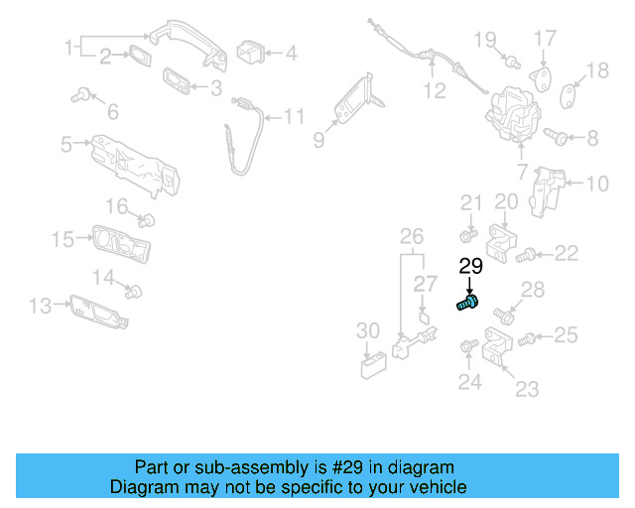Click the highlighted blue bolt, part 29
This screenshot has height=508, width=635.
tap(467, 303)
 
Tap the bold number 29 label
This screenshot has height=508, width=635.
tap(470, 266)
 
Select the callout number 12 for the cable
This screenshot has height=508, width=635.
tap(435, 92)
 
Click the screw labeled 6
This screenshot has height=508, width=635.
tap(80, 96)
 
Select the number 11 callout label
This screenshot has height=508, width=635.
tap(294, 117)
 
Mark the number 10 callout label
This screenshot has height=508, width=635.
tap(596, 183)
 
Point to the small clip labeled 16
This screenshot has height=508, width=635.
tap(147, 218)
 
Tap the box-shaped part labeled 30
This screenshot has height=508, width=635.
tap(372, 366)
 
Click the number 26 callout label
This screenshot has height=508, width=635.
tap(411, 236)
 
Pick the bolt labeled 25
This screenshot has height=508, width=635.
tap(528, 338)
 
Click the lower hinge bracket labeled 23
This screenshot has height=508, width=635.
tap(496, 351)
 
